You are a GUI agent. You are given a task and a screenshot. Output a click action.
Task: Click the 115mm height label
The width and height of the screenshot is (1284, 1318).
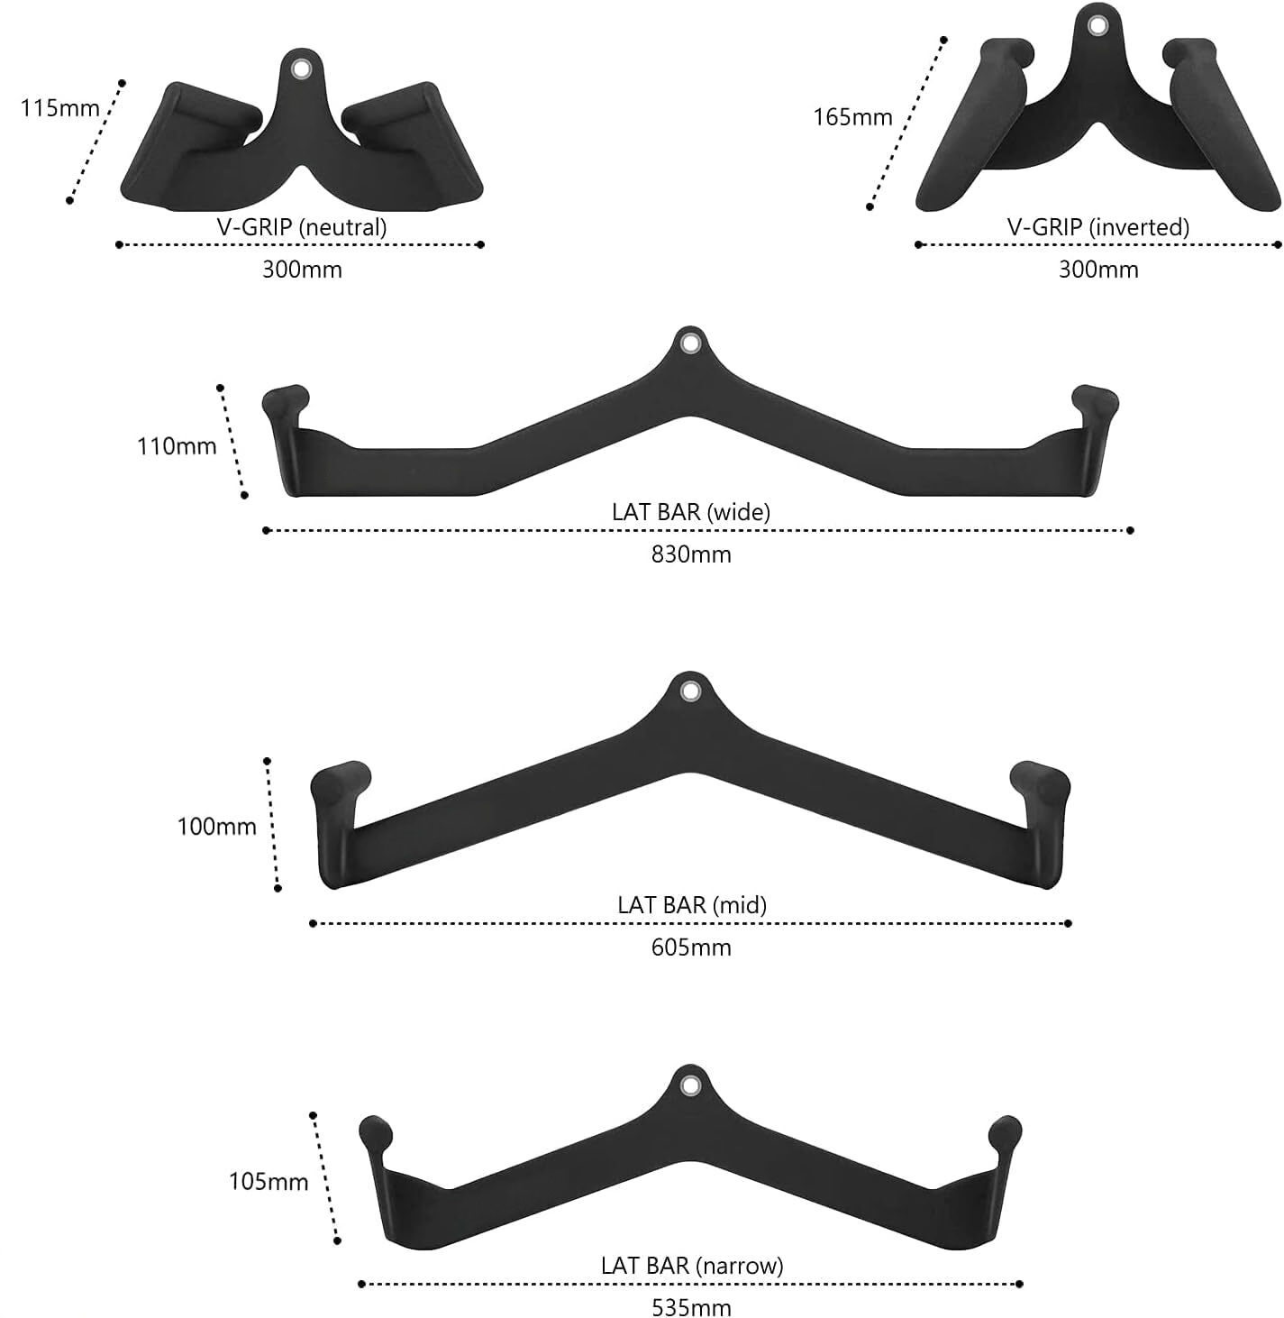pyautogui.click(x=60, y=108)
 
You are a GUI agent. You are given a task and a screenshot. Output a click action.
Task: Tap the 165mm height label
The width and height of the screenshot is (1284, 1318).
pyautogui.click(x=852, y=117)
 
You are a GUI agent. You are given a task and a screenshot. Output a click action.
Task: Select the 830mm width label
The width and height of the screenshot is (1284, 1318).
pyautogui.click(x=691, y=554)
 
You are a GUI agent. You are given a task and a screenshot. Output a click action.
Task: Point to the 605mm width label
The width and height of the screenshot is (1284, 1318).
pyautogui.click(x=691, y=947)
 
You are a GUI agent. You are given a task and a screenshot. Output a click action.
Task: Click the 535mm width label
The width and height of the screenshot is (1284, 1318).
pyautogui.click(x=691, y=1307)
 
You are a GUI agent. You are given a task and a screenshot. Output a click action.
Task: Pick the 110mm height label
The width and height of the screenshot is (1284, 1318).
pyautogui.click(x=177, y=445)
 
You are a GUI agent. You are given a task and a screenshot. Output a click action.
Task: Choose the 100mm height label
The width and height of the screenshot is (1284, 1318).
pyautogui.click(x=217, y=826)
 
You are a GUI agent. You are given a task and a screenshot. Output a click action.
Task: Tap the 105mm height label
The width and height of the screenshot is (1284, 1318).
pyautogui.click(x=269, y=1181)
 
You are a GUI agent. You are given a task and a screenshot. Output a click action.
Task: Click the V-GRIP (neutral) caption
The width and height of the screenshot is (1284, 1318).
pyautogui.click(x=302, y=227)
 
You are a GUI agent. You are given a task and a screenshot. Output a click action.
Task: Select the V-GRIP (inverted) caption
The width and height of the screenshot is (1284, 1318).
pyautogui.click(x=1098, y=227)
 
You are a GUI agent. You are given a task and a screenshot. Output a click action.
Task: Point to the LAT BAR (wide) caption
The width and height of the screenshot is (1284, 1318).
pyautogui.click(x=691, y=512)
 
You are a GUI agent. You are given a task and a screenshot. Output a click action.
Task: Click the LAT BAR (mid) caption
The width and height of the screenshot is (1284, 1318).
pyautogui.click(x=691, y=904)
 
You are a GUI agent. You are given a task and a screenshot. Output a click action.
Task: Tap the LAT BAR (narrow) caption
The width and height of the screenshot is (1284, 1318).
pyautogui.click(x=691, y=1265)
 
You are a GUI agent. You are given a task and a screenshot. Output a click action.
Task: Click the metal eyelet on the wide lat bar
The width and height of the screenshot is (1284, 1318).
pyautogui.click(x=690, y=343)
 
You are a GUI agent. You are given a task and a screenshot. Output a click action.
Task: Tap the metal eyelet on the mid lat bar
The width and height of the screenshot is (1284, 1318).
pyautogui.click(x=690, y=691)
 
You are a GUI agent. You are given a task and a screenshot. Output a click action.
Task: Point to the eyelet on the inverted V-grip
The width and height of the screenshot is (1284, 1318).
pyautogui.click(x=1097, y=24)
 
